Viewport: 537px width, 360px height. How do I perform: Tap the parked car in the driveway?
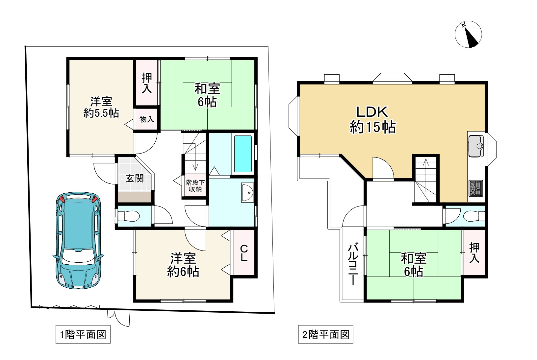(x=78, y=240)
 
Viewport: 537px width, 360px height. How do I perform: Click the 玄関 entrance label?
(x=135, y=179)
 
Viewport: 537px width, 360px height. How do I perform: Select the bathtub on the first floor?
(x=243, y=154)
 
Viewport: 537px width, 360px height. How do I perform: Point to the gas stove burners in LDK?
(x=475, y=188)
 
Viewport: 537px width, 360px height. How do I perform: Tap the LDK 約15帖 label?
(x=372, y=120)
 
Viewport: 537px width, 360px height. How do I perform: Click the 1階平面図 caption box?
(x=83, y=335)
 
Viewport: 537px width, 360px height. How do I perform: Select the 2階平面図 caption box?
(x=325, y=335)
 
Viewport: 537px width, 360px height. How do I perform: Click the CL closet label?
(x=244, y=253)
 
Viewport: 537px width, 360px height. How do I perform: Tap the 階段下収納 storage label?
(x=195, y=186)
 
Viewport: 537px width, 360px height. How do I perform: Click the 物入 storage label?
(x=146, y=119)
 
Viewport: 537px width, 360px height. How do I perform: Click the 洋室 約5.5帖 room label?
(x=101, y=107)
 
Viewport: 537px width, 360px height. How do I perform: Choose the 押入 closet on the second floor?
(x=474, y=252)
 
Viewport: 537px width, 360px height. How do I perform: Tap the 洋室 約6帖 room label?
(x=183, y=265)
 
